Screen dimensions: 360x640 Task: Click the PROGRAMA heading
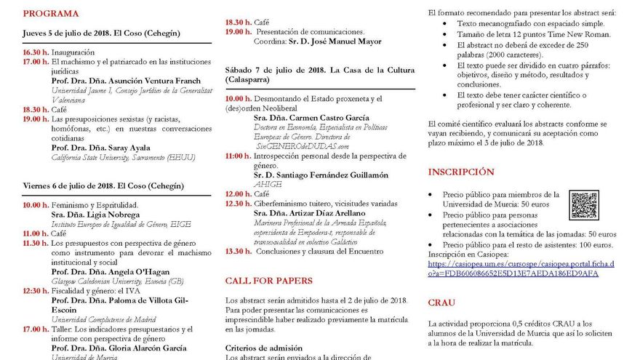tap(51, 14)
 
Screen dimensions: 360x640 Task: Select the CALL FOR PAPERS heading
tap(268, 280)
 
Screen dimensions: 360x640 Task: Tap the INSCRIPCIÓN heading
tap(461, 172)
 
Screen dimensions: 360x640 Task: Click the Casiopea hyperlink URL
tap(521, 268)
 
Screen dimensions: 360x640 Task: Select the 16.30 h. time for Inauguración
tap(36, 52)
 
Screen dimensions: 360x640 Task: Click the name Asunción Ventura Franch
tap(148, 81)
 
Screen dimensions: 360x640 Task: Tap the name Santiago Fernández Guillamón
tap(331, 175)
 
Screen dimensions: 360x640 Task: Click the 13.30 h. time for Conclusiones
tap(238, 252)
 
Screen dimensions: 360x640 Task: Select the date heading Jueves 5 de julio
tap(65, 33)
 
